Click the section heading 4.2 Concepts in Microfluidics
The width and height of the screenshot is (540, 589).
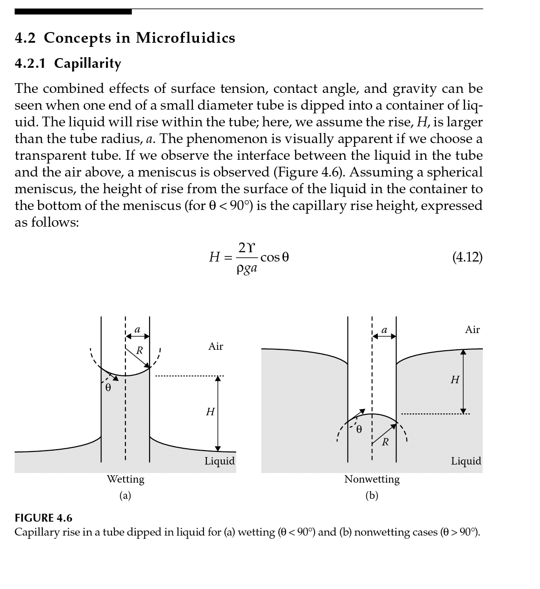click(125, 38)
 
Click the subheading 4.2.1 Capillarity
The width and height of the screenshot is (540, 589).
click(68, 63)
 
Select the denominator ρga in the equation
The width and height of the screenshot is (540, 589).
click(247, 268)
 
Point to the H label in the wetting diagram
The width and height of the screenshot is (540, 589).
click(210, 412)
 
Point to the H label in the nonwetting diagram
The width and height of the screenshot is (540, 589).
click(455, 380)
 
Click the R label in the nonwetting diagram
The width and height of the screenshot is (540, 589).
click(385, 442)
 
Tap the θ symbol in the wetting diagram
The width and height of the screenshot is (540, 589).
click(108, 387)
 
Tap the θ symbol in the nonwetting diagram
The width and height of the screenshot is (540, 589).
click(359, 429)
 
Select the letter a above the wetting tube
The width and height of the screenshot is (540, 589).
click(137, 329)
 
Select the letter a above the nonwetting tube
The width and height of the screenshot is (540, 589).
click(384, 330)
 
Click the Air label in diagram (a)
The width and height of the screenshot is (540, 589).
click(216, 346)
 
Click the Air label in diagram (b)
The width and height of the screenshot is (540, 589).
click(472, 330)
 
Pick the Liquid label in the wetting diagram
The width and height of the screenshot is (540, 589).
click(219, 461)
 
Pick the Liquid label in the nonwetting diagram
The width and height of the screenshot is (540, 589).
click(466, 461)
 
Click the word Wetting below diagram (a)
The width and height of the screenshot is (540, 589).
click(125, 479)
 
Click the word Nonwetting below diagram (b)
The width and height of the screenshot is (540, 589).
click(372, 479)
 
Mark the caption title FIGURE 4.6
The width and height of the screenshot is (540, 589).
click(44, 518)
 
